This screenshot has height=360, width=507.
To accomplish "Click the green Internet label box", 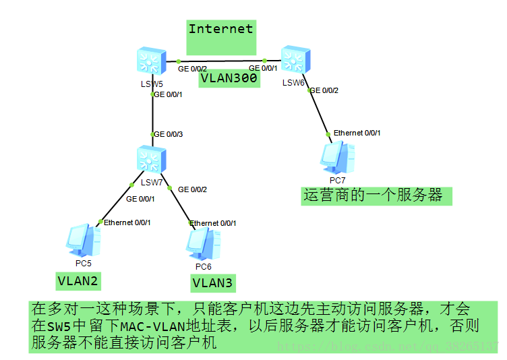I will [221, 37].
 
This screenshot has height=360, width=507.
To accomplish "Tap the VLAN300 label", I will [229, 79].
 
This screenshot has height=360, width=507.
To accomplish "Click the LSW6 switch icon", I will [295, 60].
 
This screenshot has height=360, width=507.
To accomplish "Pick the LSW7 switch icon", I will [151, 160].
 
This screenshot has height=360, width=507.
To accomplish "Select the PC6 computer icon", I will [204, 243].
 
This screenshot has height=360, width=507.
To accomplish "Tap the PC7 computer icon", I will [337, 157].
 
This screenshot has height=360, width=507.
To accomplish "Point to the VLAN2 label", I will [78, 280].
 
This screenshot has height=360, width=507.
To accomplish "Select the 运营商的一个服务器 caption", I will [373, 196].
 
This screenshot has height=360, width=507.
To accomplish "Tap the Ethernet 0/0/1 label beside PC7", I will [357, 133].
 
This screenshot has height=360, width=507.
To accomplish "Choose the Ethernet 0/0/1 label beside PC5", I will [127, 222].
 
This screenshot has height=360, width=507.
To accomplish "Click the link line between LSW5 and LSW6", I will [222, 61].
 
